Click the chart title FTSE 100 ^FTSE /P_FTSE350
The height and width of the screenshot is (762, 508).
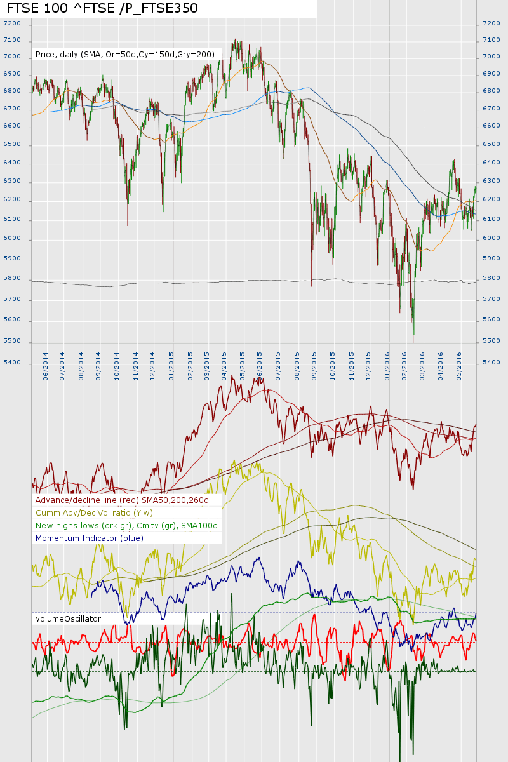102,8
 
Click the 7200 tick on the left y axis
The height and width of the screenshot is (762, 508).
12,23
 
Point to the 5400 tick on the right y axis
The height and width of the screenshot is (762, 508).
492,363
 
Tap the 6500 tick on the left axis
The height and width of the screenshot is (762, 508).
12,144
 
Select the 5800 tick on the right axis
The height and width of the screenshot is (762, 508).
492,278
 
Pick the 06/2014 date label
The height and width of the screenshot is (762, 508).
45,366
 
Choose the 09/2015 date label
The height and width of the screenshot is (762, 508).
314,366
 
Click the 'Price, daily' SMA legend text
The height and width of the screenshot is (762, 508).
125,55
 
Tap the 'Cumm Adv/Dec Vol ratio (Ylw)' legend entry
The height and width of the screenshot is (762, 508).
103,512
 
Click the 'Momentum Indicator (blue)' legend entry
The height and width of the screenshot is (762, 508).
90,538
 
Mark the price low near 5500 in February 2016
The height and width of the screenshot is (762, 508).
413,341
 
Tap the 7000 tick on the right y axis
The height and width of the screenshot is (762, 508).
492,57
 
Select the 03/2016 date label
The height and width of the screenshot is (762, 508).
422,366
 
